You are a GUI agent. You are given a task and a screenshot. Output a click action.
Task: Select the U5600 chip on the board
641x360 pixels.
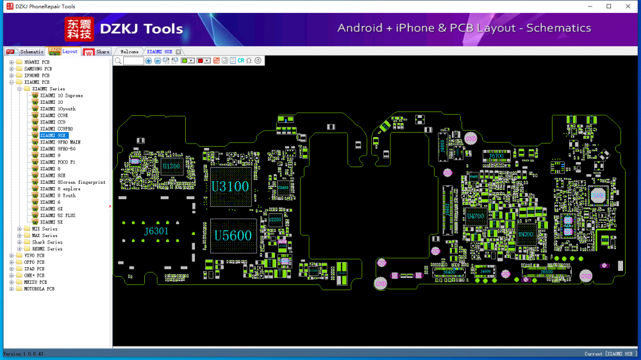click(233, 236)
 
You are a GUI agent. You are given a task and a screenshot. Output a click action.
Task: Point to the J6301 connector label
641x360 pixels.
click(156, 231)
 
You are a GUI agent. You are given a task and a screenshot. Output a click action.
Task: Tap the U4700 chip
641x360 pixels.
click(476, 217)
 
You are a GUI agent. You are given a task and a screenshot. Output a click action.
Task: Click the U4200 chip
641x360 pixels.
click(526, 234)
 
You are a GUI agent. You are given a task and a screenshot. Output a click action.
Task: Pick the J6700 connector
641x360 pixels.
click(496, 156)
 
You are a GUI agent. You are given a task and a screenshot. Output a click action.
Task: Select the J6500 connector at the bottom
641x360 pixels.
click(546, 272)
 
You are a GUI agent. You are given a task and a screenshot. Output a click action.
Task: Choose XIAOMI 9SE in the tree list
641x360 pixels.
click(53, 135)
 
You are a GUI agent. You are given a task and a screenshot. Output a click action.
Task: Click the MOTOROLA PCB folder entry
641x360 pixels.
click(39, 289)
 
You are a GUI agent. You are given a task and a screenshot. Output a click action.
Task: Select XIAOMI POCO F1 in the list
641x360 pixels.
click(57, 162)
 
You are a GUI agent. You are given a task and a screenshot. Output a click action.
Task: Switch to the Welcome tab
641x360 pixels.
click(129, 51)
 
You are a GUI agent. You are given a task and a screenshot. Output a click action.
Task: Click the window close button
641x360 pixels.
click(627, 6)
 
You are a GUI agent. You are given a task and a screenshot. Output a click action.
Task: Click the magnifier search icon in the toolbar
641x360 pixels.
click(118, 60)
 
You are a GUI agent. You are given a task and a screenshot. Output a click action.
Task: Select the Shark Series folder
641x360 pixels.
click(47, 242)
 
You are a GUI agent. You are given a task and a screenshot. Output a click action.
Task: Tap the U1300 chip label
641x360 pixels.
click(171, 166)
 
